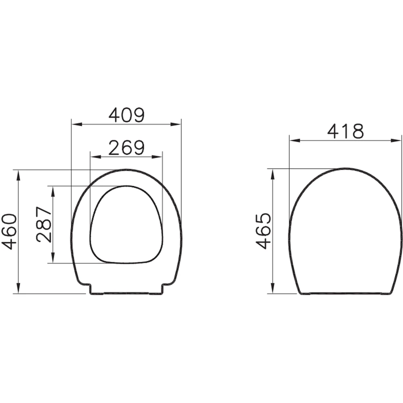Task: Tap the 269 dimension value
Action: pos(127,148)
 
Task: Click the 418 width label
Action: pos(346,131)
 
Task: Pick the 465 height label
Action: pos(264,231)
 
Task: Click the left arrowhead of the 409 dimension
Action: pos(77,125)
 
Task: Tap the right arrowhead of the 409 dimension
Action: pos(176,125)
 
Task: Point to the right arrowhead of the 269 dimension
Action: pos(157,157)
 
